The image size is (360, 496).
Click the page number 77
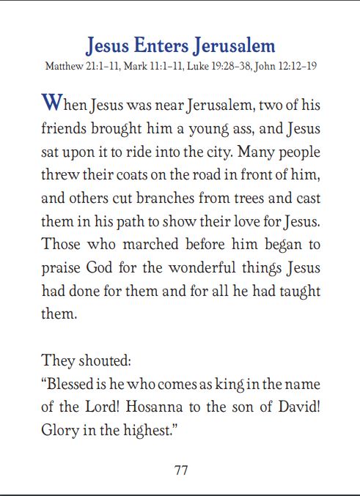(x=180, y=470)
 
